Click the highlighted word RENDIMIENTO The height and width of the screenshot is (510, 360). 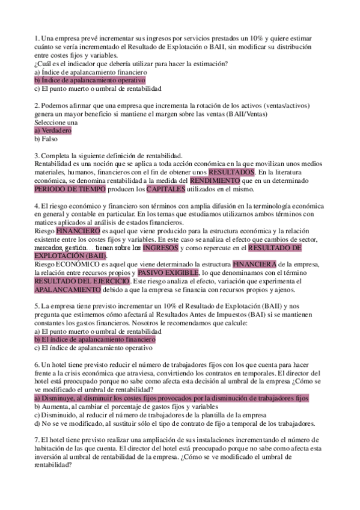[x=215, y=180]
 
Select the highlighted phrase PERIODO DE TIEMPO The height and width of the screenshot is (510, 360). [x=70, y=189]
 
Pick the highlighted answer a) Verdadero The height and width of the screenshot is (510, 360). [x=53, y=130]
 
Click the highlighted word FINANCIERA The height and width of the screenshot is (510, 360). [x=254, y=263]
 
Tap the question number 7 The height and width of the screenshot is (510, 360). [x=37, y=440]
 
